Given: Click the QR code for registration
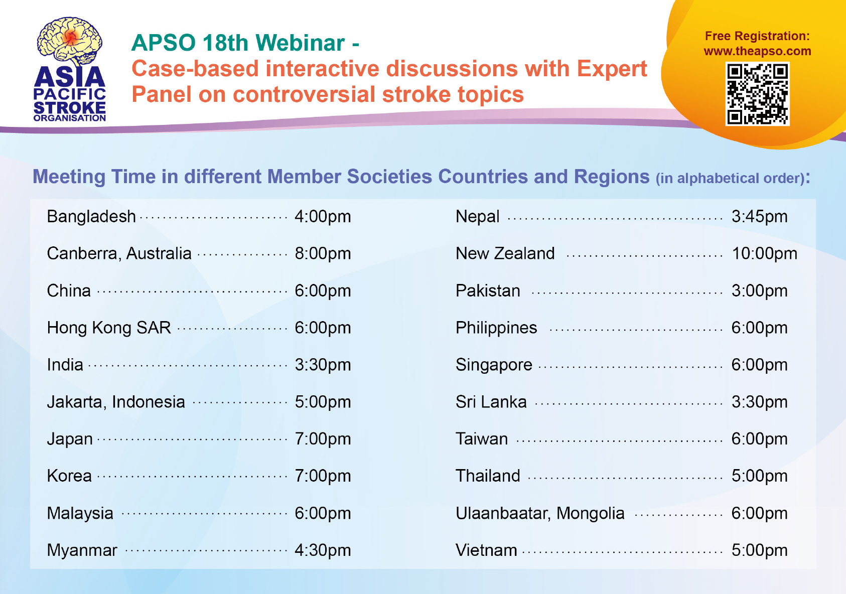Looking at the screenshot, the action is [757, 94].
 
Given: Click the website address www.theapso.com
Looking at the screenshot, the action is [757, 51].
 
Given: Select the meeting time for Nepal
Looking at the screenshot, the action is [760, 217].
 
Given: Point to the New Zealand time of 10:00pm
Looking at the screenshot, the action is [764, 254].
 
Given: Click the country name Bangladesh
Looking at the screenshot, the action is [91, 217].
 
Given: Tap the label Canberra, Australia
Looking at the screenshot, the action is [119, 253].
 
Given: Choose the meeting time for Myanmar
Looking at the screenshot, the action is [323, 550].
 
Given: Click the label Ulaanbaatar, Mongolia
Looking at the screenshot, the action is [540, 513].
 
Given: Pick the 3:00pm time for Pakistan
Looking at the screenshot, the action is [760, 291].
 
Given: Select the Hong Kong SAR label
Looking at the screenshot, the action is [109, 328].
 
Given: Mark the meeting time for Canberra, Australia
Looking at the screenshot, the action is [323, 254].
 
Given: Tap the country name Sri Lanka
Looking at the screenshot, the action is [491, 402].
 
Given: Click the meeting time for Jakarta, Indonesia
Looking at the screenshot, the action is [323, 402].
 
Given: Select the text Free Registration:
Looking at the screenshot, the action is [757, 36].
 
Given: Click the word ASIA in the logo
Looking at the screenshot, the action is [70, 77].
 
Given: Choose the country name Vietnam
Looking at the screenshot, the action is [486, 550].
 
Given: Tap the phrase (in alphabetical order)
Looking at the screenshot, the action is [730, 178].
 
